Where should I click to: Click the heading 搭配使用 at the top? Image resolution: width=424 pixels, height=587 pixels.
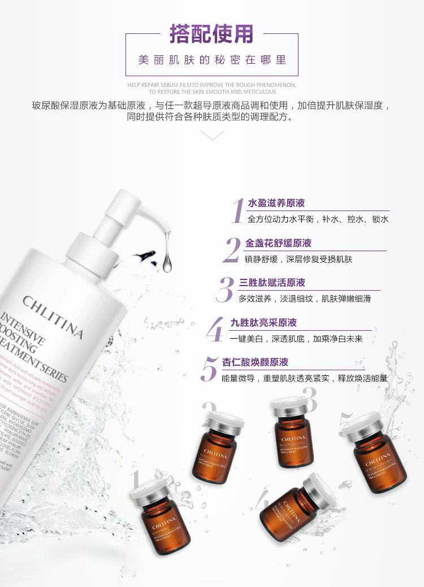[211, 34]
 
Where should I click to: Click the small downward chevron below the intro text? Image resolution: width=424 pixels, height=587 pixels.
[212, 135]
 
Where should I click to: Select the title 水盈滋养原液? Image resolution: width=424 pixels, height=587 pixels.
[276, 203]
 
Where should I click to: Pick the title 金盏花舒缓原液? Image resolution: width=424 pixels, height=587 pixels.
[278, 243]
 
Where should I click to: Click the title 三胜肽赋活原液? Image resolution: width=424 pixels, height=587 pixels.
[272, 283]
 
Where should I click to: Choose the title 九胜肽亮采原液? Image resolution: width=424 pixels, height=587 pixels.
[263, 323]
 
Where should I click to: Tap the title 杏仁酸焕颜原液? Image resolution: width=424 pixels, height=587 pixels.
[255, 362]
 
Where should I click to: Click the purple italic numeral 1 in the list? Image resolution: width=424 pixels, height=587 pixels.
[238, 212]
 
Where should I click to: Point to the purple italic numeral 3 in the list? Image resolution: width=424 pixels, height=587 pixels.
[225, 290]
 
